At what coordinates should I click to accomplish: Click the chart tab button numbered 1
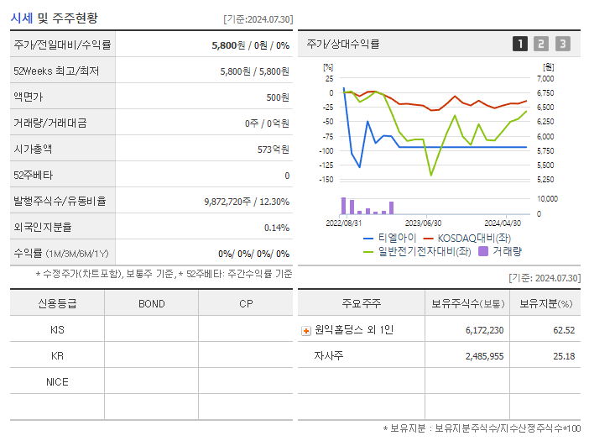[520, 44]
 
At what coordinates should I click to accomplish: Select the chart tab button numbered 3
[562, 44]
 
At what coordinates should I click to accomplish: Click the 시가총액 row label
[33, 149]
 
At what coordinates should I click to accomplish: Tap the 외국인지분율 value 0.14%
[276, 227]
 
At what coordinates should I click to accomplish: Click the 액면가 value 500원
[277, 97]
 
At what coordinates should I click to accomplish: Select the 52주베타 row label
[33, 175]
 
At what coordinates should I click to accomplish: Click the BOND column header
[151, 303]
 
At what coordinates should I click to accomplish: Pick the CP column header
[246, 303]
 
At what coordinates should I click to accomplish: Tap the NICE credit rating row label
[57, 381]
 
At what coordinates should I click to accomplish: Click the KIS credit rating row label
[57, 330]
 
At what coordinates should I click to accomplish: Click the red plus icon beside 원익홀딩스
[306, 331]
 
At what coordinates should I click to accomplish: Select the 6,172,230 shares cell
[484, 330]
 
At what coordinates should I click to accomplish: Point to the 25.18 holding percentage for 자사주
[564, 356]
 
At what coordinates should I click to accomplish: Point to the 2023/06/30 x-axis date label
[424, 223]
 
